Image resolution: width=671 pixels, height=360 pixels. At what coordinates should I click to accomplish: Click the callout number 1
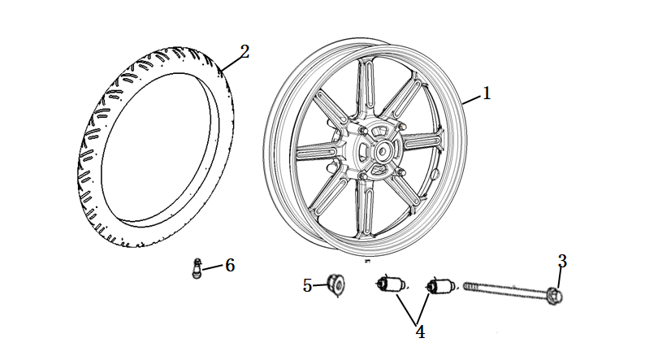coord(487,93)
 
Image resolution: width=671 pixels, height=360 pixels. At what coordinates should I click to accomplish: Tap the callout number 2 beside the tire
coord(245,52)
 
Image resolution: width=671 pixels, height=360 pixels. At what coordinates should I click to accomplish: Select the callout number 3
coord(562,261)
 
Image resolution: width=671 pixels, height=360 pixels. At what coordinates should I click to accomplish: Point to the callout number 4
coord(420,332)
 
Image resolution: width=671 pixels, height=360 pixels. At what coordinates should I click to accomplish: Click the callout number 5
coord(308,285)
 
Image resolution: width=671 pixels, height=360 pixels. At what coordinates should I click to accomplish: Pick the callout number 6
coord(230,265)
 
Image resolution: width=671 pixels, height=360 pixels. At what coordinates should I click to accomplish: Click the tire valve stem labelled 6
coord(196,268)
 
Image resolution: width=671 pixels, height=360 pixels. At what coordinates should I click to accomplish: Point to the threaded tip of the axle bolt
coord(468,286)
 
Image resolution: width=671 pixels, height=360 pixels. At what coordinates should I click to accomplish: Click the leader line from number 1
coord(473,98)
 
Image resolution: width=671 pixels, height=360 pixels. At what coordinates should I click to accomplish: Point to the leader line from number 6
coord(213,267)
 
